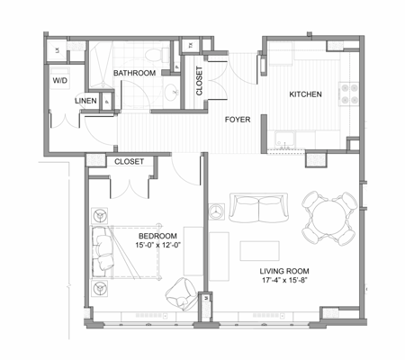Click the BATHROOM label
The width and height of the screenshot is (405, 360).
tap(135, 73)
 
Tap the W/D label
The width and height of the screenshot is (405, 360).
tap(60, 80)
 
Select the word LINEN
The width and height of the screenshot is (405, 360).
tap(86, 101)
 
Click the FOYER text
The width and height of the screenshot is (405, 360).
tap(238, 119)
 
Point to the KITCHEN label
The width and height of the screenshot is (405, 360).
tap(305, 94)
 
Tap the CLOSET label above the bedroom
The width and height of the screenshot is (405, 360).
tap(130, 162)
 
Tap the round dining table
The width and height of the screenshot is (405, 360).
tap(326, 216)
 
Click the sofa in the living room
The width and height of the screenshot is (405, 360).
tap(257, 209)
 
